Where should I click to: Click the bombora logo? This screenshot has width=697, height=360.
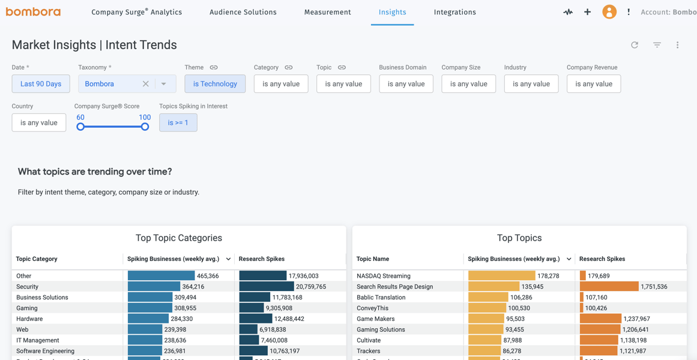33,12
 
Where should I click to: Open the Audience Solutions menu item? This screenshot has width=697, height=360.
243,12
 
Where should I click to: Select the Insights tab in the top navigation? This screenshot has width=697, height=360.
392,12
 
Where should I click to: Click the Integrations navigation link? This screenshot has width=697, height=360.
454,12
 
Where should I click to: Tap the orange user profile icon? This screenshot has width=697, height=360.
609,12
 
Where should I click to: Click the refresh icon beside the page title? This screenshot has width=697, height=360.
635,45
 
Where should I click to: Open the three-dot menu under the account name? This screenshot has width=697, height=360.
677,45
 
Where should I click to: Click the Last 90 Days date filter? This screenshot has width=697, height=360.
41,84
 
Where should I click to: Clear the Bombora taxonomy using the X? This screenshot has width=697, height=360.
145,84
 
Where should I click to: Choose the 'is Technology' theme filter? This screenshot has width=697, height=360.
215,84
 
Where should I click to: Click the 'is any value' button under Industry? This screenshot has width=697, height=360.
531,84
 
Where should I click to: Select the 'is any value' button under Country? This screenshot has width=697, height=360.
39,123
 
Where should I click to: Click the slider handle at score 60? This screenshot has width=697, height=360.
80,127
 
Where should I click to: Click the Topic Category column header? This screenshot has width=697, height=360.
37,259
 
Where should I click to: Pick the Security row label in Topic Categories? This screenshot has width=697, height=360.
28,287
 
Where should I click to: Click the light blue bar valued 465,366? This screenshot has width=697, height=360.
161,276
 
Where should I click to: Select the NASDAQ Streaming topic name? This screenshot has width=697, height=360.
383,276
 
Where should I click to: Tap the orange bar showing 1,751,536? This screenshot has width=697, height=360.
609,287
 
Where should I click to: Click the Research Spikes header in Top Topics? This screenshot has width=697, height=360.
602,259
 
